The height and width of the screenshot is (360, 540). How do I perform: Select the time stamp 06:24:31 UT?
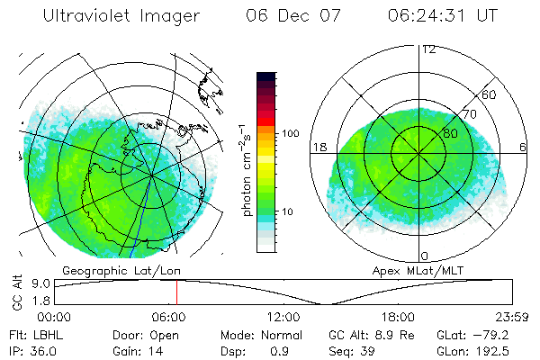[441, 15]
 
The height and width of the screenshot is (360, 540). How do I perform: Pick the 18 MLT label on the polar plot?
[318, 147]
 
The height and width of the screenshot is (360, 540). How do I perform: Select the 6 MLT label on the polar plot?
[523, 147]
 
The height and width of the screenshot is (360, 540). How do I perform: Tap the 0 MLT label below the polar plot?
[424, 256]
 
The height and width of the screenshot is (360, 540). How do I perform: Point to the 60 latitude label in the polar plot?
[490, 94]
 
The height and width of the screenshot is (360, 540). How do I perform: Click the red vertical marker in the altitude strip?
[176, 292]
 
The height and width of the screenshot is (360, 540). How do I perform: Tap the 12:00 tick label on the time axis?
[283, 317]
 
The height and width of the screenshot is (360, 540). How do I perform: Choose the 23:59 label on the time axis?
[511, 317]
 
